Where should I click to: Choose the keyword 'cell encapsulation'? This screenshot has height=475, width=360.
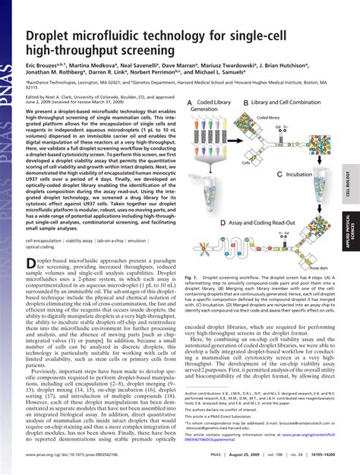pyautogui.click(x=43, y=240)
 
